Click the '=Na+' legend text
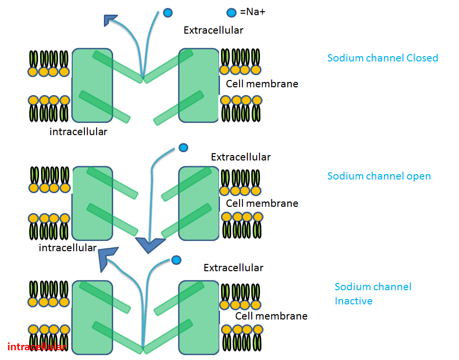point(252,12)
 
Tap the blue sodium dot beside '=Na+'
point(232,12)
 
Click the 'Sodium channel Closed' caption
point(382,58)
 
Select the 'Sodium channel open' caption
point(379,176)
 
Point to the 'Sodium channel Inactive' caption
point(373,294)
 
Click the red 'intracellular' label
point(36,347)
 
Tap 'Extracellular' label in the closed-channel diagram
point(213,30)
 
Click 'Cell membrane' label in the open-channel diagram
point(262,203)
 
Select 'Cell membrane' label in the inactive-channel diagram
point(271,316)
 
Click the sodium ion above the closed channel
point(168,13)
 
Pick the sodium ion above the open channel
point(183,147)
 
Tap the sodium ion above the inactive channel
point(176,260)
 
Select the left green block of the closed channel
point(92,85)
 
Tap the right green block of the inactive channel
point(199,317)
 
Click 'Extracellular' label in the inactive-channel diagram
point(233,268)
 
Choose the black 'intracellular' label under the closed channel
point(78,132)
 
